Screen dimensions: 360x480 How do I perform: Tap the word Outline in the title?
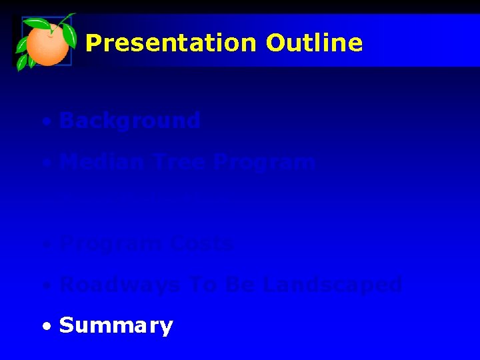coord(314,43)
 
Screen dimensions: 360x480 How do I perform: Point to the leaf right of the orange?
coord(69,35)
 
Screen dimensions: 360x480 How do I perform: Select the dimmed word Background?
coord(129,121)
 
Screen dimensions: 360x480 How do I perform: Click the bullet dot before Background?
coord(45,123)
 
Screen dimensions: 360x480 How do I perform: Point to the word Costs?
coord(201,243)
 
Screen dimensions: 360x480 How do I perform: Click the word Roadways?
coord(119,285)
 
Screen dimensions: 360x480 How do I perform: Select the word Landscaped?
coord(333,285)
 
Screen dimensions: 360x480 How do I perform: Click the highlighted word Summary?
coord(116,326)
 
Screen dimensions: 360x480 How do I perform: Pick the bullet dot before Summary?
coord(45,327)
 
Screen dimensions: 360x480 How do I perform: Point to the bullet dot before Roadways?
coord(45,287)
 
